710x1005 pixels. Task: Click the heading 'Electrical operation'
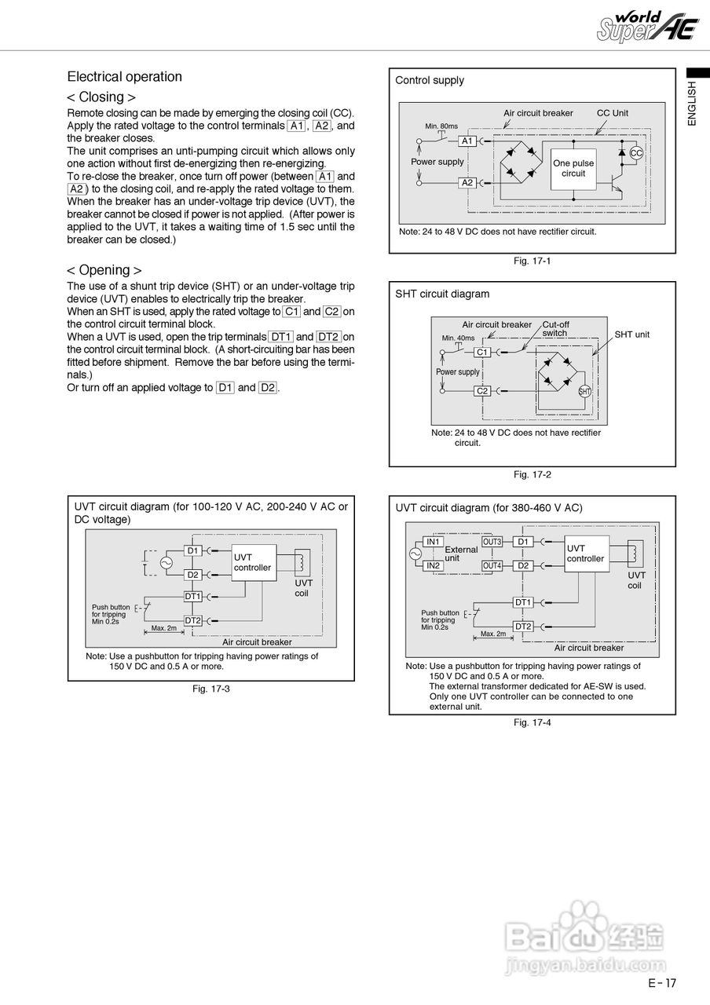pos(124,77)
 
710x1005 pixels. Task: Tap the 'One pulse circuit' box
pos(573,168)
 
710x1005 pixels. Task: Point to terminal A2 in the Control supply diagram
pos(467,182)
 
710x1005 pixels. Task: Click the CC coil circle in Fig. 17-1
pos(636,153)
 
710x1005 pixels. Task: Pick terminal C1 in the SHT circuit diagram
pos(482,353)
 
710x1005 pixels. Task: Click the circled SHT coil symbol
pos(584,391)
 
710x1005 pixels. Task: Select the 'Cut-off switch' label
pos(555,328)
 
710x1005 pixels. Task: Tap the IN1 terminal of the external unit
pos(433,542)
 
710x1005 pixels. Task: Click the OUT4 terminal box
pos(492,565)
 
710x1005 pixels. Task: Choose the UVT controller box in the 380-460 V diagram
pos(587,554)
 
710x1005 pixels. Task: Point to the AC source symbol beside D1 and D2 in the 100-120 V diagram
pos(167,562)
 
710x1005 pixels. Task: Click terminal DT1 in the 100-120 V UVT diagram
pos(193,596)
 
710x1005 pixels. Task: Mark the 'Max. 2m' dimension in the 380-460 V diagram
pos(493,634)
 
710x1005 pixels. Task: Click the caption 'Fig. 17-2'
pos(532,474)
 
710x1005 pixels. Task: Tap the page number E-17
pos(661,982)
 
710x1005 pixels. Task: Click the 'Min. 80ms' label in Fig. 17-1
pos(441,126)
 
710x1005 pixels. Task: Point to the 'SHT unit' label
pos(631,334)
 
